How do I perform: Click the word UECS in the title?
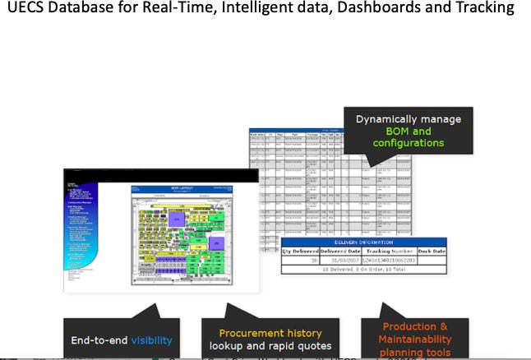(28, 9)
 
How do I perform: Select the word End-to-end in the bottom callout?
(97, 339)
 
